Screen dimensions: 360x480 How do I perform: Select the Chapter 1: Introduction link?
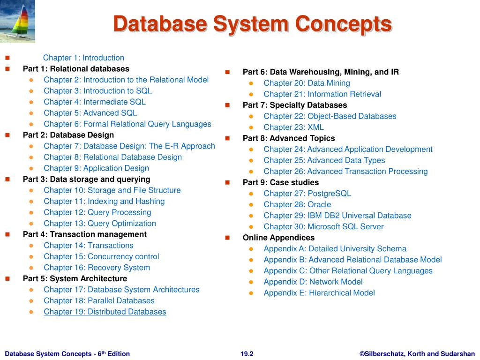83,58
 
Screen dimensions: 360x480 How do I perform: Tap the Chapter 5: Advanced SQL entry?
90,113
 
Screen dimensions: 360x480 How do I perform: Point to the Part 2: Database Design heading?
68,135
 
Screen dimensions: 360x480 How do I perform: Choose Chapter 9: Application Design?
96,168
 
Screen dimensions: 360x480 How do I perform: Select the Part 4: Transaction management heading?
85,234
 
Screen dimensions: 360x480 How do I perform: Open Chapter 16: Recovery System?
97,268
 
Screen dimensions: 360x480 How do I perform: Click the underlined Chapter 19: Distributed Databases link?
105,312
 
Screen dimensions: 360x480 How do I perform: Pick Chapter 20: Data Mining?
307,83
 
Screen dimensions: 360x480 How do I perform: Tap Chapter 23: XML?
293,127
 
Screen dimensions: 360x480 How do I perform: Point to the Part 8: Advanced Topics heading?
289,138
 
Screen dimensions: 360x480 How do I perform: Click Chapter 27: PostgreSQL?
307,194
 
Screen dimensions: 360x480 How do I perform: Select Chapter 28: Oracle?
297,204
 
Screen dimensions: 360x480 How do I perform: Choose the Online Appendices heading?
278,238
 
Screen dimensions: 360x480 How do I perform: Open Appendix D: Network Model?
313,282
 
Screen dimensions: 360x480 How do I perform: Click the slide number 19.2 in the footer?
247,354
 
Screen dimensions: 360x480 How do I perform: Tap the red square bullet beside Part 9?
227,182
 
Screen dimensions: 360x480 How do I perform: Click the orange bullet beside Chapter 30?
251,227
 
